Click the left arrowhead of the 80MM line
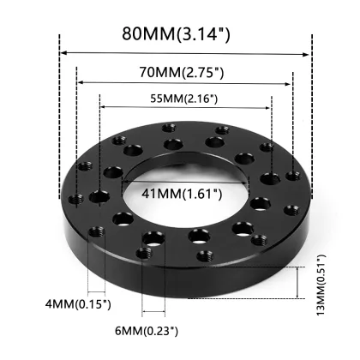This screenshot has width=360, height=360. tap(63, 54)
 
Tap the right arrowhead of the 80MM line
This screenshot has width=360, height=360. tap(308, 54)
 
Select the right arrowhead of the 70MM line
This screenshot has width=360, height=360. tap(289, 83)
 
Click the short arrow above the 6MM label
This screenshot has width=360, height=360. tap(153, 311)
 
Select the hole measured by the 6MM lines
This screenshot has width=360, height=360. tap(153, 237)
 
